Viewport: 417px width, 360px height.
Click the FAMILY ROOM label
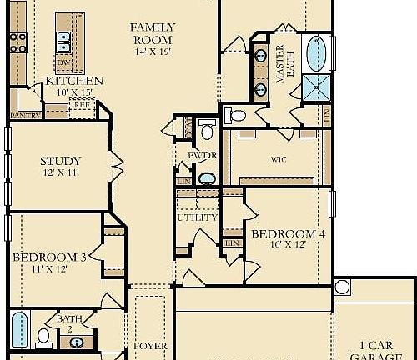pos(151,32)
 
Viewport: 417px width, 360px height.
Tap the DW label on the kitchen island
pos(63,62)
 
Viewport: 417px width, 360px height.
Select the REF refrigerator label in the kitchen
pos(80,105)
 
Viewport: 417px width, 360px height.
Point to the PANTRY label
pos(25,115)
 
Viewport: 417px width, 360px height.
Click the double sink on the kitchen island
pos(62,39)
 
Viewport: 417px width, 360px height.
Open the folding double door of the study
pos(117,161)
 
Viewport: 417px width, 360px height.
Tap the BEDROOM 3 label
pos(49,257)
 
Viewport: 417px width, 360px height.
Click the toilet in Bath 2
pos(43,337)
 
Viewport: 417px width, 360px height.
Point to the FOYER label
pos(151,346)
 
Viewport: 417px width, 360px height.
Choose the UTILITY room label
pos(197,217)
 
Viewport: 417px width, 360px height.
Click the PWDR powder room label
pos(203,156)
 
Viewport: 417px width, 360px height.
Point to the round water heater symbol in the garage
pos(341,287)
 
